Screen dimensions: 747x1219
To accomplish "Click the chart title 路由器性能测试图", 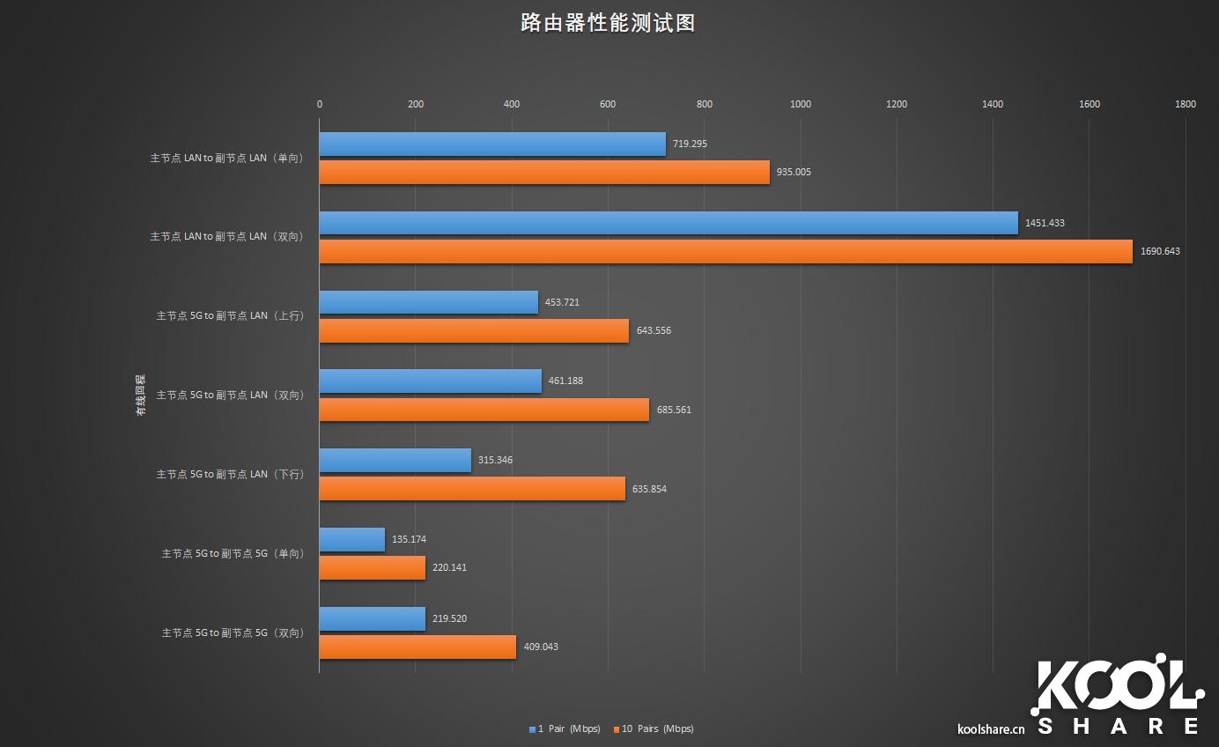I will click(x=608, y=24).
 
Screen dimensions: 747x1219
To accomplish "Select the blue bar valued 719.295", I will click(x=492, y=144).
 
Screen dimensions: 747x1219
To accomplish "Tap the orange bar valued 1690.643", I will click(x=726, y=251).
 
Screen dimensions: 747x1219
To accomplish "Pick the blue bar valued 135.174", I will click(x=352, y=539).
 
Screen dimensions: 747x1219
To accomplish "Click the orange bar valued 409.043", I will click(x=417, y=647).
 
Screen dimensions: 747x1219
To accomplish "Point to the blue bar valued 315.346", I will click(x=395, y=460).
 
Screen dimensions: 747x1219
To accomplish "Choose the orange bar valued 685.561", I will click(x=484, y=410).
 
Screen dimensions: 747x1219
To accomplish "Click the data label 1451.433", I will click(x=1045, y=223).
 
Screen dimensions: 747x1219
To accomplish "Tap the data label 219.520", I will click(x=449, y=618).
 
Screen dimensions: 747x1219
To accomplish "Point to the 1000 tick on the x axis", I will click(x=801, y=104).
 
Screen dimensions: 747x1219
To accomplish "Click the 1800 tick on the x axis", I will click(x=1186, y=104).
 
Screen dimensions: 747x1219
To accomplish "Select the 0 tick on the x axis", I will click(x=320, y=104).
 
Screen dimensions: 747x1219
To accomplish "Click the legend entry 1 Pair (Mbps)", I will click(x=565, y=729).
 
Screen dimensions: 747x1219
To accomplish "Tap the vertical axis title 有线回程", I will click(x=140, y=395).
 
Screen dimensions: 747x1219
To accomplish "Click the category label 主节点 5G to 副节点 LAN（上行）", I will click(x=230, y=315).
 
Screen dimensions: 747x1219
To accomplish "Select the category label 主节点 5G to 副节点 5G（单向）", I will click(x=233, y=553).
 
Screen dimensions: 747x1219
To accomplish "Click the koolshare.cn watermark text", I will click(x=991, y=729).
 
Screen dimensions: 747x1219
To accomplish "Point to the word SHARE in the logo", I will click(x=1119, y=726).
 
